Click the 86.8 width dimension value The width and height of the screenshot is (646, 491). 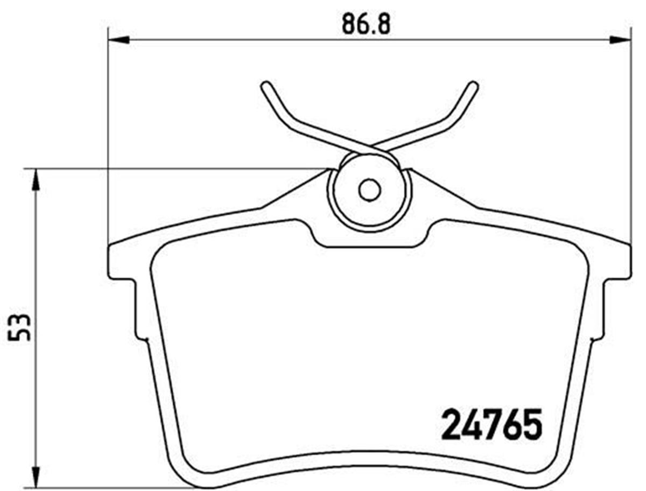pos(366,24)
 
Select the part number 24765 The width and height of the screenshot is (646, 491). pos(491,425)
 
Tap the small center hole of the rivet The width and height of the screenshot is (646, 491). pos(369,190)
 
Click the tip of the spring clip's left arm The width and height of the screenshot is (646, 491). pos(264,86)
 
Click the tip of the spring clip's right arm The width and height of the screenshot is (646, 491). pos(473,86)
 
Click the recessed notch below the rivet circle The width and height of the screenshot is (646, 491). pos(369,240)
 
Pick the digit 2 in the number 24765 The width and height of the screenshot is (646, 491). pos(452,425)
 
